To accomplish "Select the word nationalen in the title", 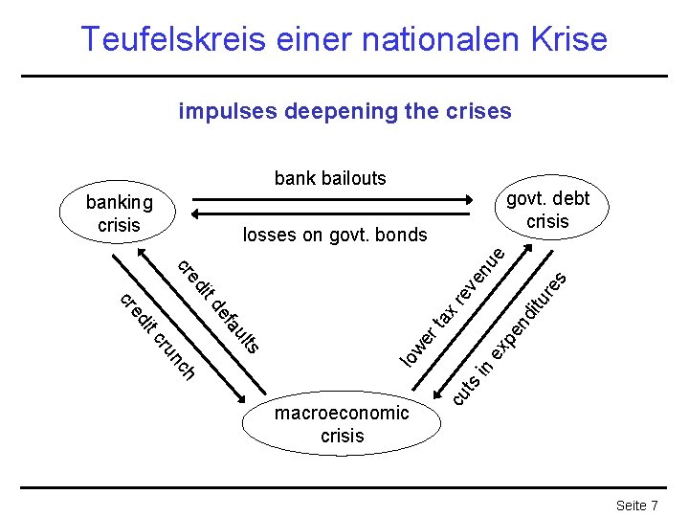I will tap(440, 39).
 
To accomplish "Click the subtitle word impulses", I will tap(224, 111).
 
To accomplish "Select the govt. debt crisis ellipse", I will tap(547, 209).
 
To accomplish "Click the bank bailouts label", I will tap(330, 178).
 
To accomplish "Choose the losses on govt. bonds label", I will tap(335, 235).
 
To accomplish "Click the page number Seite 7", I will tap(636, 505).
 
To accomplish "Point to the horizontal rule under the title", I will tap(344, 76).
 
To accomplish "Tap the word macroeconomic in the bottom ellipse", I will tap(342, 414).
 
